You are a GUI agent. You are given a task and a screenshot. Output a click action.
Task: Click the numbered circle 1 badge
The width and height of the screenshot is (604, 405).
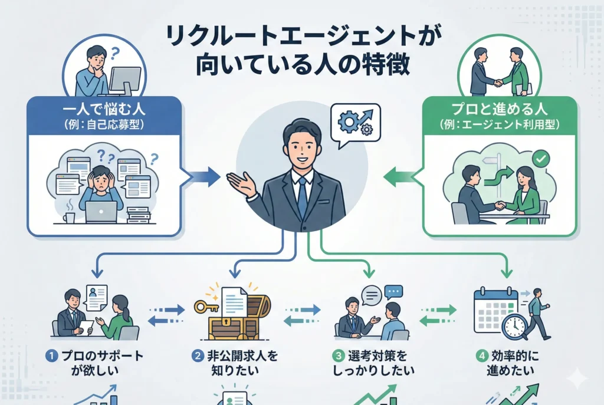[52, 356]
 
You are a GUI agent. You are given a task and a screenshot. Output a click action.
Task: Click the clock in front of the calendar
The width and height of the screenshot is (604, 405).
[514, 325]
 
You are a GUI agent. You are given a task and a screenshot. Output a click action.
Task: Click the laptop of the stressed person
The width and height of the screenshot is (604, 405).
[101, 211]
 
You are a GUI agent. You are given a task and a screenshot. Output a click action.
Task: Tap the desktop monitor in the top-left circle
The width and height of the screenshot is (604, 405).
[125, 80]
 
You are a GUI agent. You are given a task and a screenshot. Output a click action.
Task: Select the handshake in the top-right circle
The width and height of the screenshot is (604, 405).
[498, 83]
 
